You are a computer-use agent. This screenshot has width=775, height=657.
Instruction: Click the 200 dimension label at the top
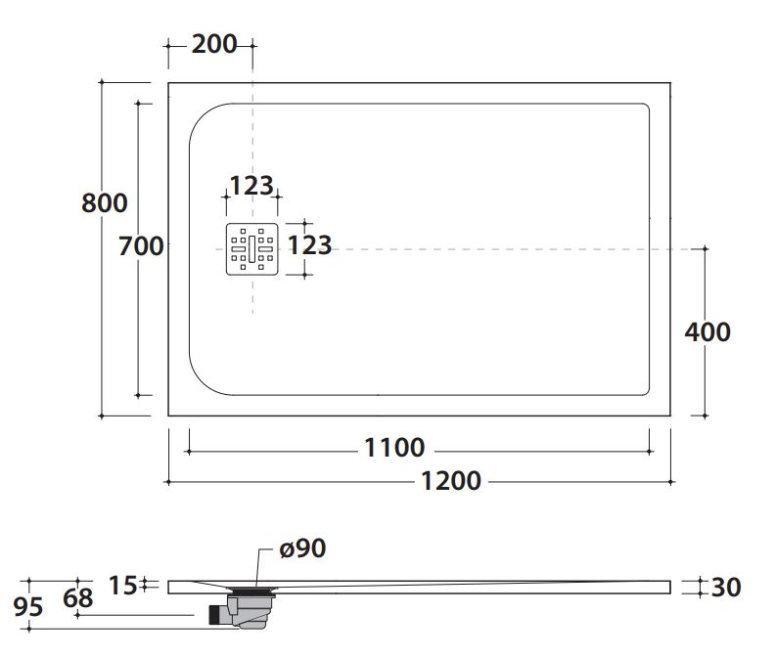pos(214,44)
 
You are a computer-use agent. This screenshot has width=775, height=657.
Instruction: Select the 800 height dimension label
pos(105,202)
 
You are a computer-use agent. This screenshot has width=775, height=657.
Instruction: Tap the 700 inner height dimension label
pos(140,246)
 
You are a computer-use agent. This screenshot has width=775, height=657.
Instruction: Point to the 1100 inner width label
pos(394,448)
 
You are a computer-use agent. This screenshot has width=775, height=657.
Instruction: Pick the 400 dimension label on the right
pos(707,331)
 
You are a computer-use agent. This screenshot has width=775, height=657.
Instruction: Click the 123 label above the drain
pos(251,186)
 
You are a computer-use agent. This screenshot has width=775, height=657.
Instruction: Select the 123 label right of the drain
pos(311,245)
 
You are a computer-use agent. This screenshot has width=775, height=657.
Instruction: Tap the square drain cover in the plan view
pos(252,249)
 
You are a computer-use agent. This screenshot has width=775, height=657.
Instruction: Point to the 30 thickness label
pos(726,587)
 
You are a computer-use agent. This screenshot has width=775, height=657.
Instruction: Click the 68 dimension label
pos(77,596)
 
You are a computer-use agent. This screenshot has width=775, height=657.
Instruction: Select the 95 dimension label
pos(29,607)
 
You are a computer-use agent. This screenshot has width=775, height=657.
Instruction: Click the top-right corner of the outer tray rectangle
pos(671,83)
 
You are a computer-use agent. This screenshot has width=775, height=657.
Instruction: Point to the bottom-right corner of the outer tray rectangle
pos(671,416)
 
